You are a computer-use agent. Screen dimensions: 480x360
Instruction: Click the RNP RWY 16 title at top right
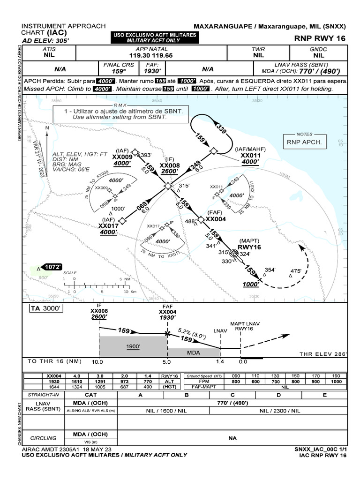click(x=320, y=38)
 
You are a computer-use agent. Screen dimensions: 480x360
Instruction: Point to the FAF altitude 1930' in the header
click(x=152, y=72)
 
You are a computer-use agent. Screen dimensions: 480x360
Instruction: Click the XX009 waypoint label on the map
click(x=123, y=157)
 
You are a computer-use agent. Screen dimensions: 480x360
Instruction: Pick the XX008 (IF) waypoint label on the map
click(x=169, y=165)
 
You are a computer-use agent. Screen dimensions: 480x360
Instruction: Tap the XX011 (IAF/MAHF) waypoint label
click(x=250, y=155)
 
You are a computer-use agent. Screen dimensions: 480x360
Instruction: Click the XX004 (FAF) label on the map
click(x=216, y=219)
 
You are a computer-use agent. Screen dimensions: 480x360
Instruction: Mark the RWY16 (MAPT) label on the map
click(x=249, y=247)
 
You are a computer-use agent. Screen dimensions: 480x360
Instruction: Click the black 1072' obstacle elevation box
click(x=52, y=267)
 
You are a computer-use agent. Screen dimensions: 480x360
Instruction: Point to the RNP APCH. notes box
click(x=304, y=142)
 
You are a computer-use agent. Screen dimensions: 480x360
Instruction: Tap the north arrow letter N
click(x=46, y=127)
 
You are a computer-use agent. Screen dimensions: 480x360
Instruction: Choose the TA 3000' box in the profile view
click(x=45, y=308)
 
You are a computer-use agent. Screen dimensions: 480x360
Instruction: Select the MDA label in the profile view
click(x=194, y=352)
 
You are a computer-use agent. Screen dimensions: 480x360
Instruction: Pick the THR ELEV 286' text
click(x=323, y=354)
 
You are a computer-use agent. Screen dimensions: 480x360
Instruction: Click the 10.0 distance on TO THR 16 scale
click(x=98, y=362)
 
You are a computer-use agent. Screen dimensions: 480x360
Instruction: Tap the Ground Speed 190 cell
click(x=336, y=376)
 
